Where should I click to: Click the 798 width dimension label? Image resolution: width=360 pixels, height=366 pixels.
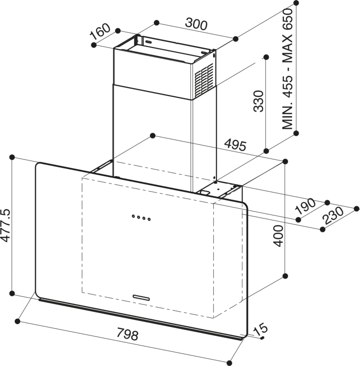point(127,335)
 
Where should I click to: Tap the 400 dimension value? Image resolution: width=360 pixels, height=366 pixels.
point(279,235)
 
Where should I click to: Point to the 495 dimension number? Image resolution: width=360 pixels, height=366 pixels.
point(235,145)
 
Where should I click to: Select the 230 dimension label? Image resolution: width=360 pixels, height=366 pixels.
point(333,217)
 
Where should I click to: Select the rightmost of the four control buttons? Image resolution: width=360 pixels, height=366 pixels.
point(149,220)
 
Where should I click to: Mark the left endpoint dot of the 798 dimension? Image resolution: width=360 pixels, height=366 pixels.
point(18,321)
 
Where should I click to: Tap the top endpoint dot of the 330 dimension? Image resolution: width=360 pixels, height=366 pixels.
point(265,57)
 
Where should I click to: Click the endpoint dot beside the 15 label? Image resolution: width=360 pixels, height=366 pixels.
point(262,338)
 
